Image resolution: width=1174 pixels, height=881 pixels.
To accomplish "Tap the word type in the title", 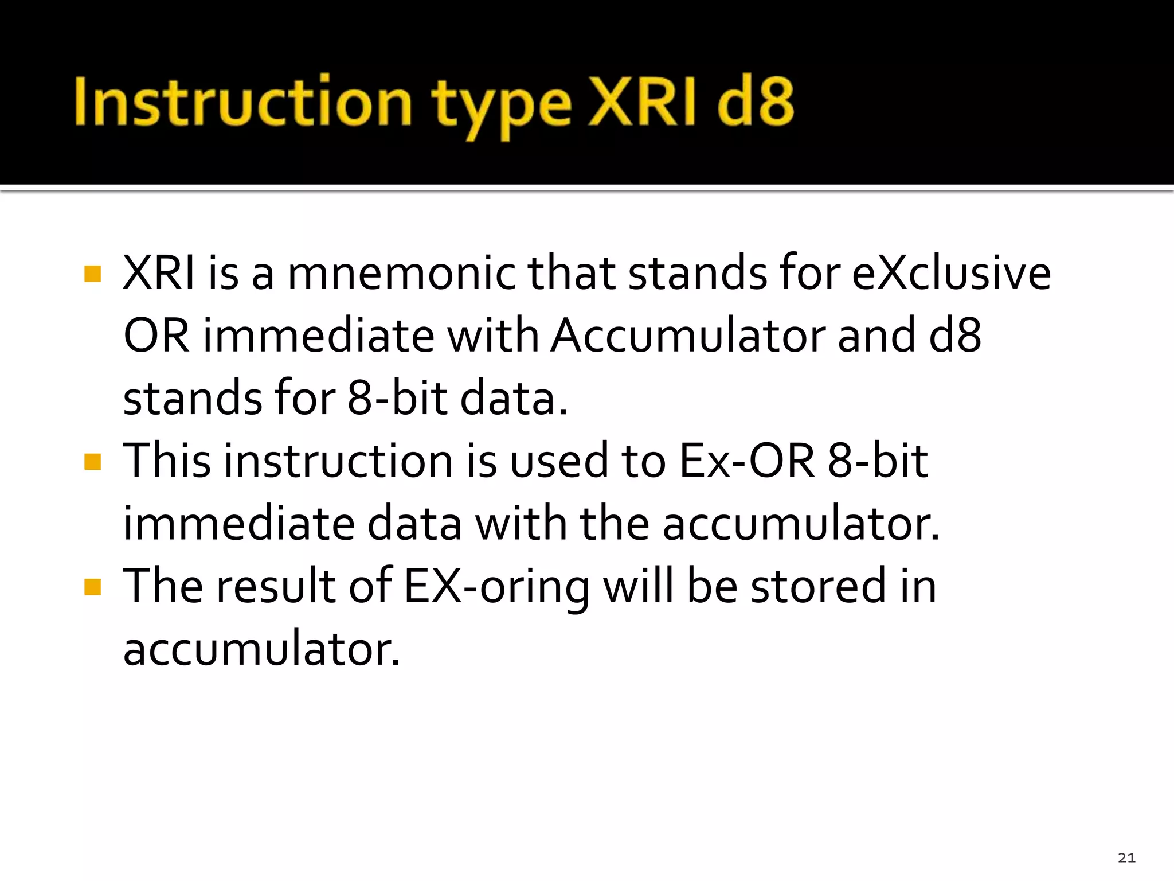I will point(501,106).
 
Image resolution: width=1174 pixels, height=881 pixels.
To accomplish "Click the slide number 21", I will point(1126,857).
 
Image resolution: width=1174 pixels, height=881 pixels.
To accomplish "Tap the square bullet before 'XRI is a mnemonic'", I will point(92,274).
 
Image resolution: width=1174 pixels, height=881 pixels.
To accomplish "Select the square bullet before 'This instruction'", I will point(92,461).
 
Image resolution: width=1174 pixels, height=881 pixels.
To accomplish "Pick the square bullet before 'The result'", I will point(92,587).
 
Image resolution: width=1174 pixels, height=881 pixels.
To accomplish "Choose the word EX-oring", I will point(496,588).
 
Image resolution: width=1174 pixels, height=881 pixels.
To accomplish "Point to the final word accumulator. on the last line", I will point(261,649).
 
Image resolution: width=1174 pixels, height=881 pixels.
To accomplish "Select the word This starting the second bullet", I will point(167,461).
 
